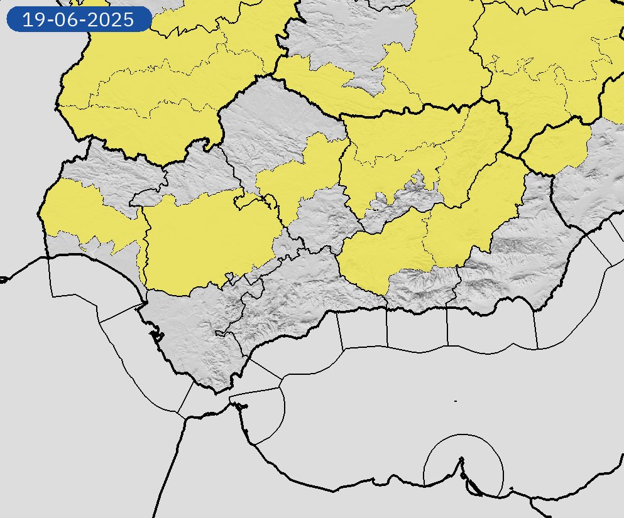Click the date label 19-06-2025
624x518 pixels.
click(x=79, y=19)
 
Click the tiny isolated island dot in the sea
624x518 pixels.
click(x=455, y=401)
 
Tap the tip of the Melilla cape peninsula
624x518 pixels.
click(x=462, y=459)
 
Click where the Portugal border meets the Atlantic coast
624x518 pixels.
click(x=47, y=257)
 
